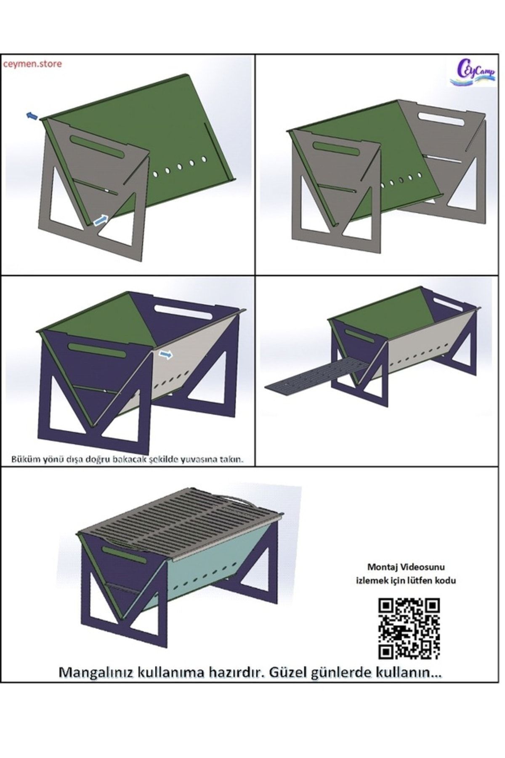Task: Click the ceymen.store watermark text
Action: (x=32, y=64)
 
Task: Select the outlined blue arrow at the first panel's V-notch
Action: (x=100, y=219)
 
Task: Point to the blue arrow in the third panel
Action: (x=165, y=355)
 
